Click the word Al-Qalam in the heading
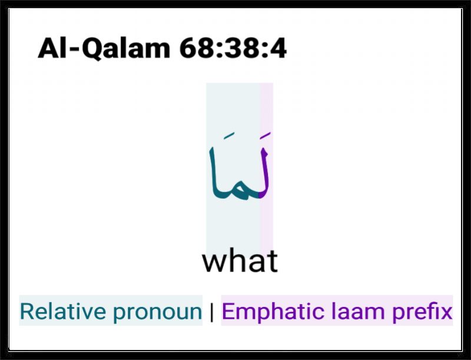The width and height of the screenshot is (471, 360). click(104, 48)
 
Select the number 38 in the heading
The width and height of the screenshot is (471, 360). click(243, 48)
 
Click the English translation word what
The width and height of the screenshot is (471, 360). click(240, 260)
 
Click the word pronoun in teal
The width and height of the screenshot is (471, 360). click(157, 313)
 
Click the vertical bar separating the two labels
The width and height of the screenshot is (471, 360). click(212, 312)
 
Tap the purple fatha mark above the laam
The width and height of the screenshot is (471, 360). click(266, 136)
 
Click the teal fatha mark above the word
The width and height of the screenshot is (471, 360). click(229, 136)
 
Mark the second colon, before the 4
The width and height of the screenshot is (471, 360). click(265, 50)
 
